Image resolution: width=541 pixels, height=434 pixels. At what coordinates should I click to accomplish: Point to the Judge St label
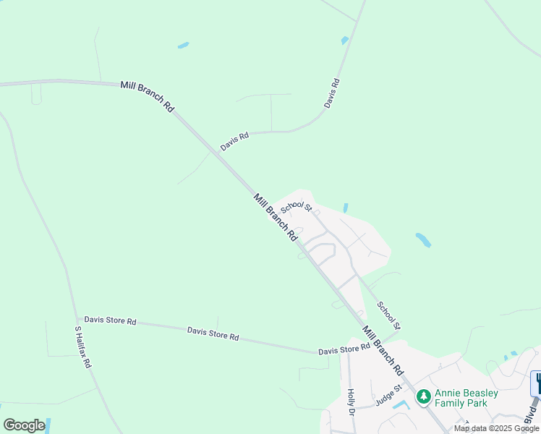388,398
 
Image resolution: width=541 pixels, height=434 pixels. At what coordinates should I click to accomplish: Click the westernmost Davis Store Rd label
110,320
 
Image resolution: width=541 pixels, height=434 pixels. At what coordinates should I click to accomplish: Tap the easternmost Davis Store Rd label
344,350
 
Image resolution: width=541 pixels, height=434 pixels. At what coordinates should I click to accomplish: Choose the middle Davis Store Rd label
213,333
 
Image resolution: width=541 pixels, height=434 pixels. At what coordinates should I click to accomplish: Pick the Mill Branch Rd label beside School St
275,216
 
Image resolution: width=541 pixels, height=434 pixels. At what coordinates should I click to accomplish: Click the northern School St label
296,205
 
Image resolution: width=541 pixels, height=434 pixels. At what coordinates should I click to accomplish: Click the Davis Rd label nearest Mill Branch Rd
235,140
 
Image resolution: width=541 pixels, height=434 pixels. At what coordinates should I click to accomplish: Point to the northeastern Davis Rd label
332,93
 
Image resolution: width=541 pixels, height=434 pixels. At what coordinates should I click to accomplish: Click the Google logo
24,425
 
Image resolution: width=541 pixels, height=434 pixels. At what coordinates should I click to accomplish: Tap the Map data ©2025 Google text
496,428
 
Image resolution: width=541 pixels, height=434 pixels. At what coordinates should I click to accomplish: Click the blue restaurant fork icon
537,383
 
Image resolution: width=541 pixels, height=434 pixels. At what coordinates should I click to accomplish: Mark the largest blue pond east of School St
423,239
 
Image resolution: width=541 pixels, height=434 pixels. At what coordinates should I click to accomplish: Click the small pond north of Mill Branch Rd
183,46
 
